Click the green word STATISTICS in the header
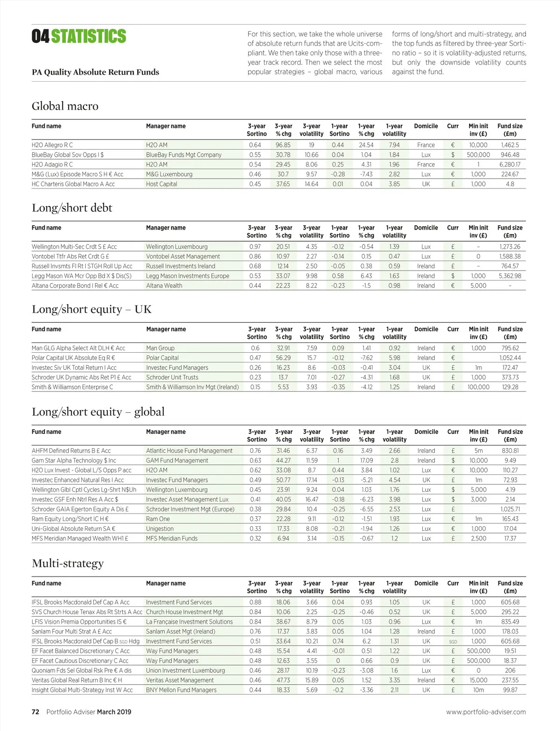89,36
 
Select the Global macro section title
65,106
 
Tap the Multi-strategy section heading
68,564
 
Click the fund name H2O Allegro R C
52,145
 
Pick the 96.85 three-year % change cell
283,145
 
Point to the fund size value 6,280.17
510,165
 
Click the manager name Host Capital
161,184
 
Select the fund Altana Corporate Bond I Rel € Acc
75,286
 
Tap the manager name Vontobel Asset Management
183,257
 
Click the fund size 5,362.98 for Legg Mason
510,276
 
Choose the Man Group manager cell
160,348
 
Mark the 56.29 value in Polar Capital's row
283,358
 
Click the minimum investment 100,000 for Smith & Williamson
478,387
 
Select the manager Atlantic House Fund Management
189,451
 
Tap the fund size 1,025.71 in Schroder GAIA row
510,509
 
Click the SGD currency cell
453,642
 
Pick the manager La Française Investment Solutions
189,622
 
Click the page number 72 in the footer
35,712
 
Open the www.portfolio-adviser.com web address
486,712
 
